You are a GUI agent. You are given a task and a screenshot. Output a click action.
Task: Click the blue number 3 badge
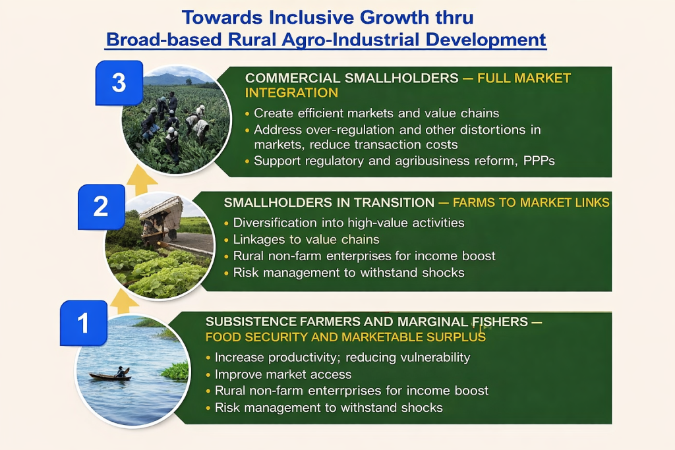119,83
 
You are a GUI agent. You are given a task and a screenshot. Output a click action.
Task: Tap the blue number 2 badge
101,207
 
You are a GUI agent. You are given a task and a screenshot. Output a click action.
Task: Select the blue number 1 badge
84,323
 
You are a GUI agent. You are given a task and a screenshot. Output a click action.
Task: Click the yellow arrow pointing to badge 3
142,179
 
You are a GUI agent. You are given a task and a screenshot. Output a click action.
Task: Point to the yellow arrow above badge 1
125,301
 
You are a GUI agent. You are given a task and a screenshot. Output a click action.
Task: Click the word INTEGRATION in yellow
291,93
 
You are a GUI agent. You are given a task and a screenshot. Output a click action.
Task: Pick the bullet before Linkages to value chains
227,240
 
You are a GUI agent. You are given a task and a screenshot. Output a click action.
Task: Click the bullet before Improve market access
208,375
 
